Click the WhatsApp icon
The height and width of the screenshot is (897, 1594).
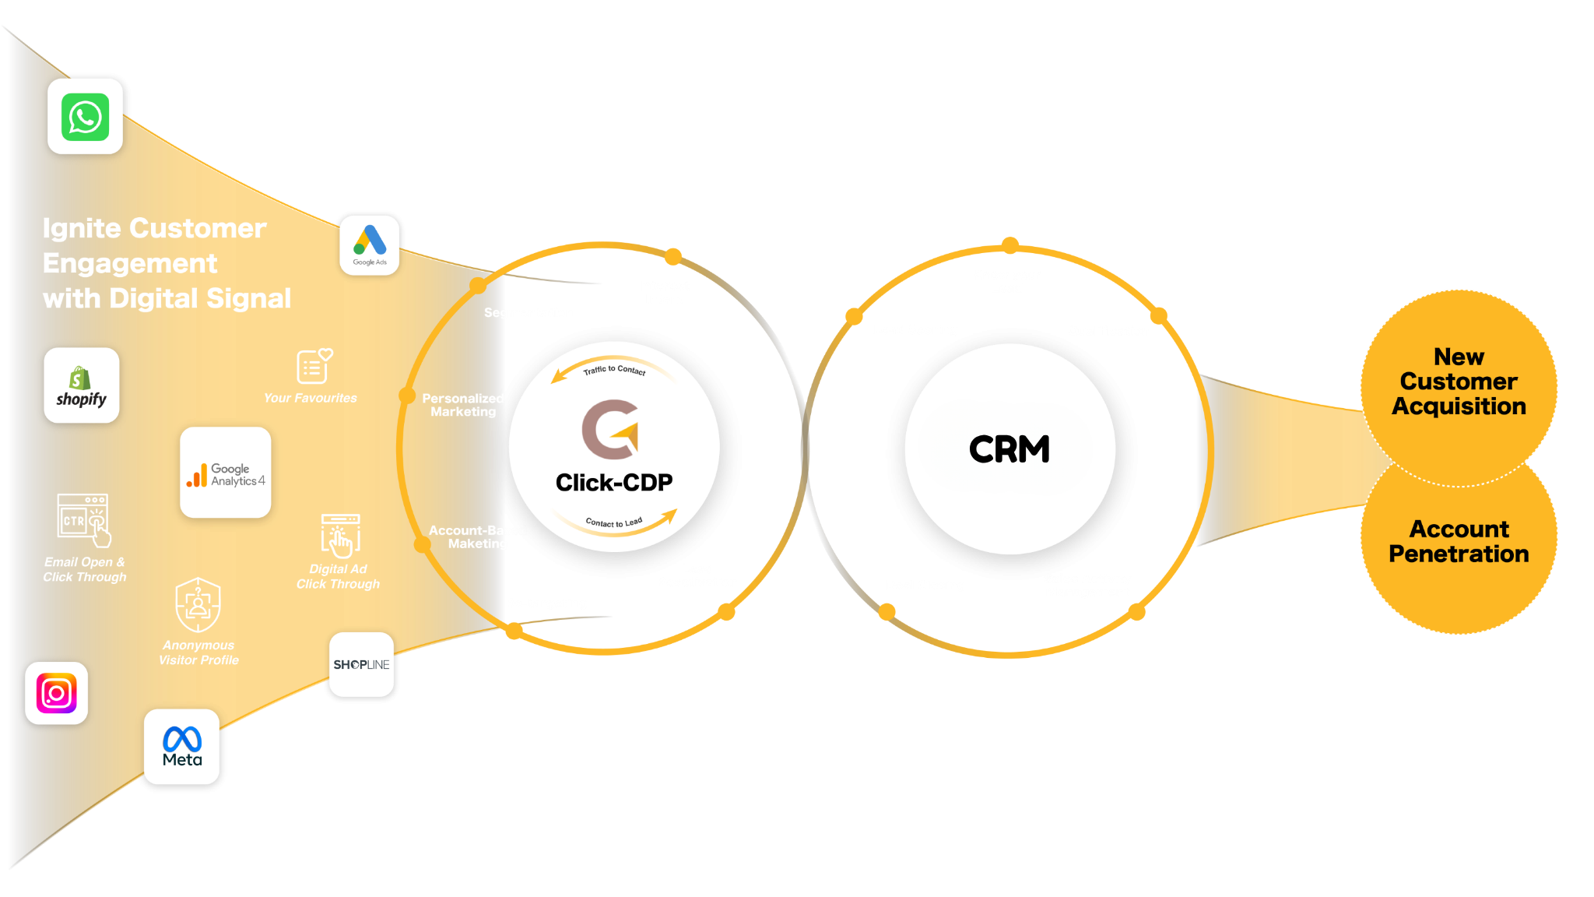[85, 117]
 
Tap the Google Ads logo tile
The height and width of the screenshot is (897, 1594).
[370, 243]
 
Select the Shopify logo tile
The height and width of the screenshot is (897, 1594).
[82, 385]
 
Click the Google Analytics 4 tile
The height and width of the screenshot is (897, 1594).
[226, 473]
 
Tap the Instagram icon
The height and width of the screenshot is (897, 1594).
[56, 693]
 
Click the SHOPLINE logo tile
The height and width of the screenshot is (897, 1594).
[361, 665]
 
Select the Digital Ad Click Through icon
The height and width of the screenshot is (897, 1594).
[340, 535]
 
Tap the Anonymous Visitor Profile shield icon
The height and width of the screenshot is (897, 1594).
[198, 604]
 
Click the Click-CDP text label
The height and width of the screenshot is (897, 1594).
[614, 483]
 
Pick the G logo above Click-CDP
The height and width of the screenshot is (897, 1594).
[611, 429]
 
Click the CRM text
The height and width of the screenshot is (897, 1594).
[1009, 449]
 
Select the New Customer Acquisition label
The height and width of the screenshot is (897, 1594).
[1459, 382]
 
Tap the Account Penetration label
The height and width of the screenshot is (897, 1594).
[1459, 541]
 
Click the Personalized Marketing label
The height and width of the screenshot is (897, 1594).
[463, 405]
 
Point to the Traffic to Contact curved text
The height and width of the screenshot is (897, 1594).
[615, 370]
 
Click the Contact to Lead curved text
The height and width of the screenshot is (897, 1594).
[614, 522]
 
